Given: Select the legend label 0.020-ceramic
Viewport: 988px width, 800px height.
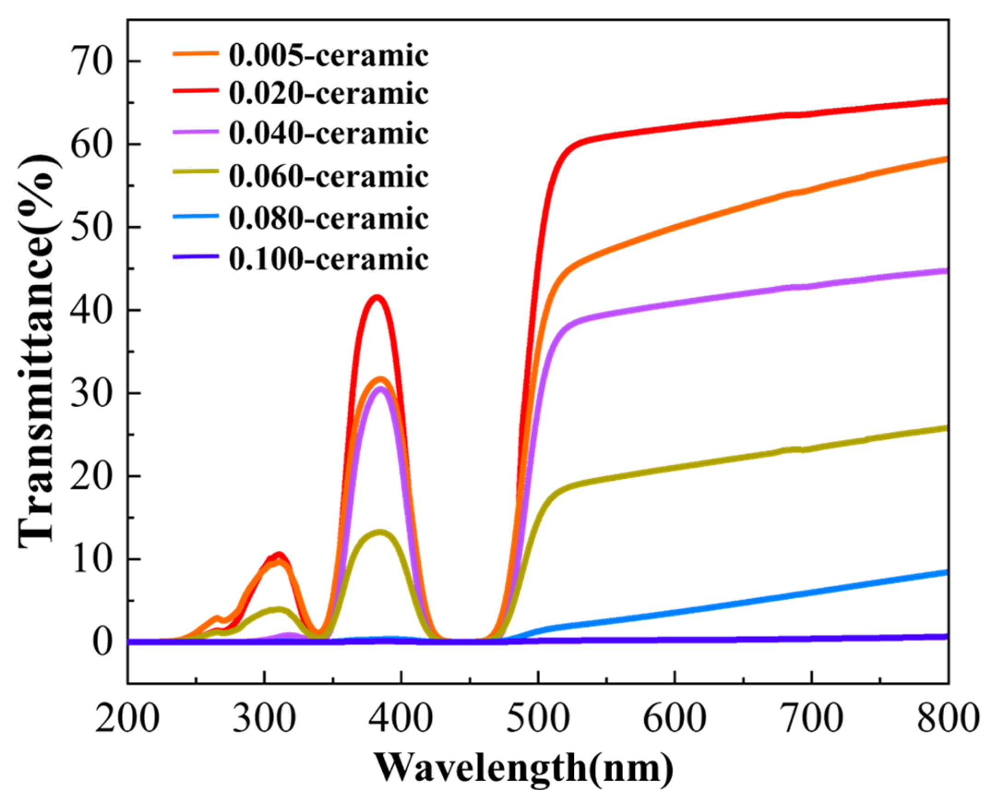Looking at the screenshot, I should click(328, 94).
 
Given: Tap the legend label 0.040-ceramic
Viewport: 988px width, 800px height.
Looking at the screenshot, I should click(328, 134).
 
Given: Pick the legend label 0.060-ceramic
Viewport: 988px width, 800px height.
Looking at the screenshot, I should click(328, 177).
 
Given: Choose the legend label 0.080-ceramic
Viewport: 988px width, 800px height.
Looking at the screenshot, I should click(328, 218).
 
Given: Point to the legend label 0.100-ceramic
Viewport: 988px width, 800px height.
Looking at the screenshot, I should click(328, 259).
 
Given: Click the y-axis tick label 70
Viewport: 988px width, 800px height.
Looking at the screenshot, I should click(91, 62).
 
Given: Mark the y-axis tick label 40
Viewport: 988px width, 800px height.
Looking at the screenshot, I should click(91, 310).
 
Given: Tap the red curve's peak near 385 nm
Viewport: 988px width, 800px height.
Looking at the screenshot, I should click(377, 297).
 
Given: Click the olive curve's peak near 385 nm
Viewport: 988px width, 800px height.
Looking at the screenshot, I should click(380, 532).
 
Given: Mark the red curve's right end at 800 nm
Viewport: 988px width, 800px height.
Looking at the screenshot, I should click(946, 101).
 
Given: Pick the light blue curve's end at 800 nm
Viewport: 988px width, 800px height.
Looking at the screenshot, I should click(946, 573).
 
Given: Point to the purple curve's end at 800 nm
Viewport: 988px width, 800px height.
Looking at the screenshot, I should click(946, 271).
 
